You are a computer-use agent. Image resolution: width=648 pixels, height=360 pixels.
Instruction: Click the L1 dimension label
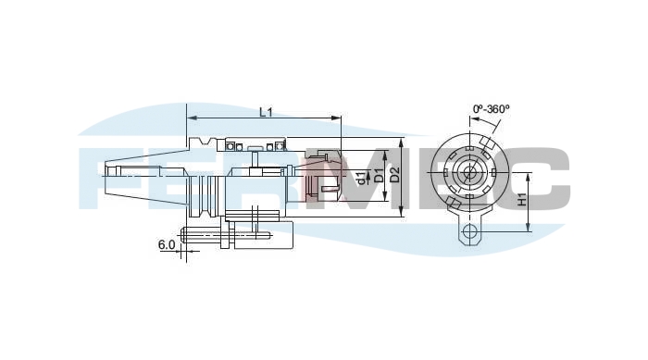coord(266,112)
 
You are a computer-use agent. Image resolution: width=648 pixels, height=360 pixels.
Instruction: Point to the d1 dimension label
coord(361,178)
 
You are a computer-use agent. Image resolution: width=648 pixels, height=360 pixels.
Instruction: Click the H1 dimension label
coord(522,200)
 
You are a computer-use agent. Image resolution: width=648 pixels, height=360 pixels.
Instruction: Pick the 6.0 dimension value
coord(167,244)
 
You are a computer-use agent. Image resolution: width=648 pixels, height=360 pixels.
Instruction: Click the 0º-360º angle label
coord(491,109)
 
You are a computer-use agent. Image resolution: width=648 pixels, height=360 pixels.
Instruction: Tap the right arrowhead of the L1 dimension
coord(337,118)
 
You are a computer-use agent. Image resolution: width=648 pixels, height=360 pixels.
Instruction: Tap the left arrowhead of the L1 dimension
coord(192,118)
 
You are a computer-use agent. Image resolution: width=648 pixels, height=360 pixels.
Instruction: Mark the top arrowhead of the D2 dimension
coord(402,142)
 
